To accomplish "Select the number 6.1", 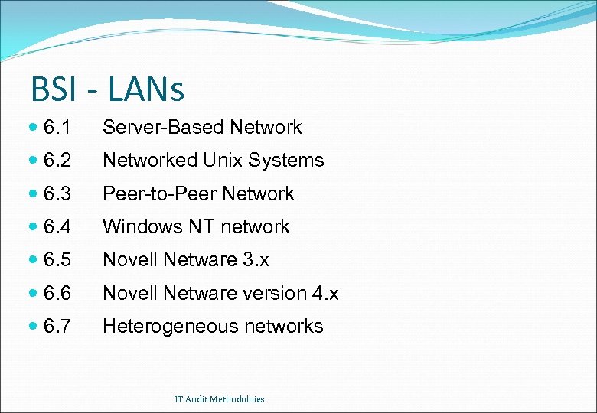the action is tap(57, 128).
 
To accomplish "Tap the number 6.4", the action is tap(57, 227).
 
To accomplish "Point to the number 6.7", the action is tap(57, 327).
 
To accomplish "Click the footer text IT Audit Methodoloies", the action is tap(219, 399).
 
